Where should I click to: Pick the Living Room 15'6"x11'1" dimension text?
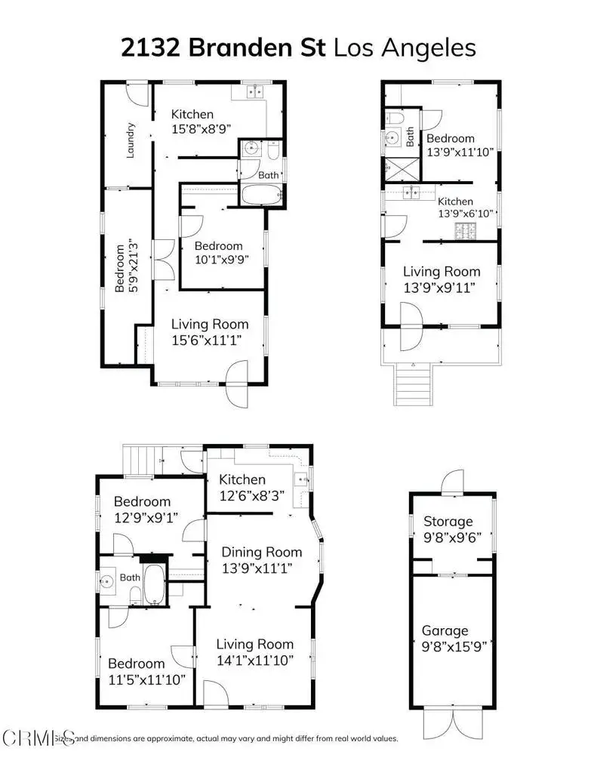[208, 340]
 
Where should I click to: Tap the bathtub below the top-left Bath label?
[261, 195]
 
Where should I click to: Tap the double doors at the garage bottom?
[451, 723]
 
